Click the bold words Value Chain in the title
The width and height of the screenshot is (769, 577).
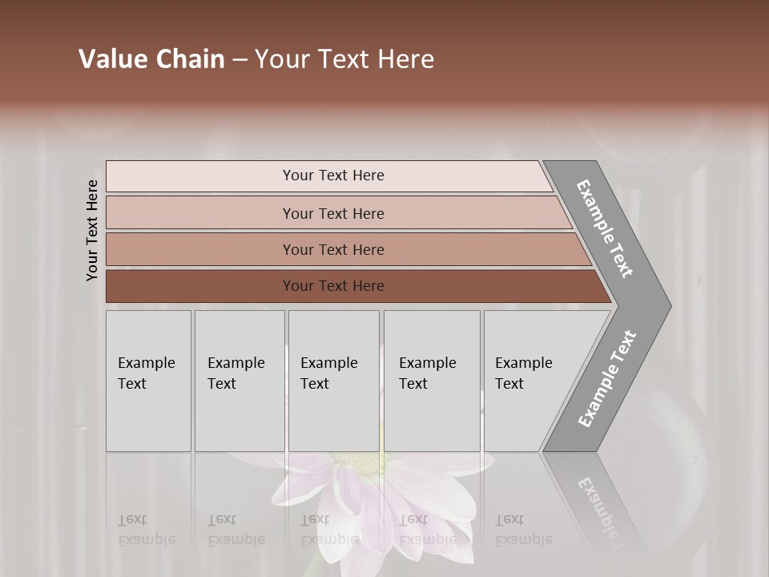tap(151, 59)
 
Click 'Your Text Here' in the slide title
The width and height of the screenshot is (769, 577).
tap(344, 59)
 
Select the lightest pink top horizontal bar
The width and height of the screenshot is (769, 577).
tap(200, 176)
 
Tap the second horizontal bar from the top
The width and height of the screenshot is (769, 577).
tap(200, 213)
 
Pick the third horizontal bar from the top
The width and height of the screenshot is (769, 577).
tap(200, 249)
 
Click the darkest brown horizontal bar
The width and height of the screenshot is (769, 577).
tap(200, 286)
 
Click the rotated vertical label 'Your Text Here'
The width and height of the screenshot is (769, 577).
tap(92, 230)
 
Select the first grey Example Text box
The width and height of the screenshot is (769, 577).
tap(148, 381)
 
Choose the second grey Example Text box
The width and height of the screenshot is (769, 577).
tap(239, 381)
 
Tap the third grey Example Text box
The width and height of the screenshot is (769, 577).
tap(333, 381)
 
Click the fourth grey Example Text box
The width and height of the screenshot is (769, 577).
tap(431, 381)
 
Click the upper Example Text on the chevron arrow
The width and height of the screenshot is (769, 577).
tap(605, 228)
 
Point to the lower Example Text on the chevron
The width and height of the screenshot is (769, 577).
tap(606, 379)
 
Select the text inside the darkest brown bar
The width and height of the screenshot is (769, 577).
tap(333, 286)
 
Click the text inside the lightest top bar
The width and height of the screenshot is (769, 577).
tap(333, 176)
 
